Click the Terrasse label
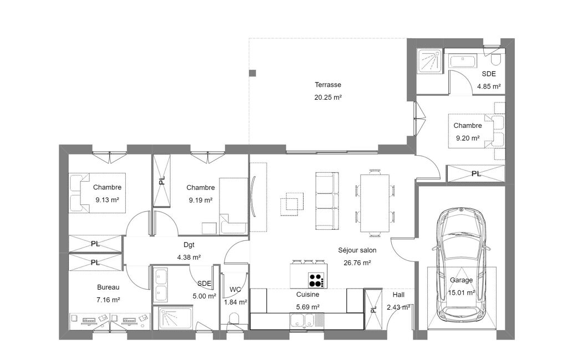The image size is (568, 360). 328,85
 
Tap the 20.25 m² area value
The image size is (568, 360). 328,97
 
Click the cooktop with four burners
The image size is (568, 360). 316,280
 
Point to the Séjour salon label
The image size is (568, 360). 357,250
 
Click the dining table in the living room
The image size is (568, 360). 375,203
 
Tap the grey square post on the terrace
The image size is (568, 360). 253,73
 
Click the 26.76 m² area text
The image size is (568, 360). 357,263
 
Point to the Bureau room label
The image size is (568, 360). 108,287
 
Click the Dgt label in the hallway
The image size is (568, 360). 189,245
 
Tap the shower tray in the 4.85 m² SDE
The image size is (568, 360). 429,60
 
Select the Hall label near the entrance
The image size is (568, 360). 398,295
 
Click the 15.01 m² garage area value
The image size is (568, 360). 462,292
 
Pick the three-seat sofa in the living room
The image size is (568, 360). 327,200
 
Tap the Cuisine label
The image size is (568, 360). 308,295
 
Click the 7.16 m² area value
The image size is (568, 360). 108,300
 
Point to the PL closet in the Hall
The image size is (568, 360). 373,309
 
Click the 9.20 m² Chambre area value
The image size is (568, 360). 468,138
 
